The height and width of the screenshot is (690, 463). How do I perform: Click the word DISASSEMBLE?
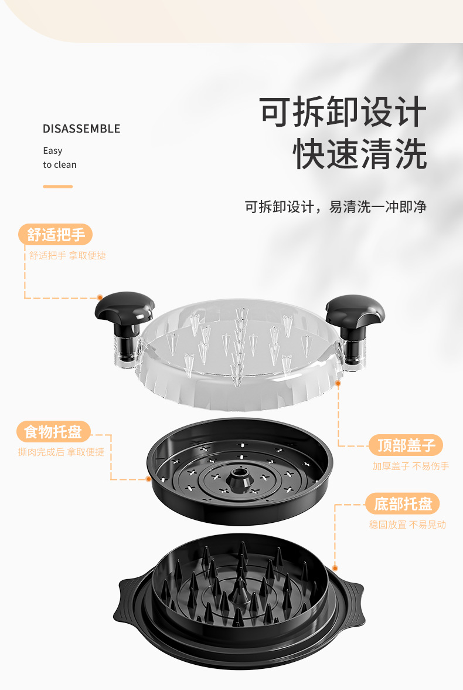click(x=81, y=128)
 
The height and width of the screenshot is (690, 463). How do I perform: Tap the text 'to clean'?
click(x=60, y=164)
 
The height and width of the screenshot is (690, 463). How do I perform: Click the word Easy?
click(x=53, y=150)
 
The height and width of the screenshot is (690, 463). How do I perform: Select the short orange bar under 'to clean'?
click(x=57, y=187)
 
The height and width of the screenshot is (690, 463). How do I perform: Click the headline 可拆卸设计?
click(x=343, y=111)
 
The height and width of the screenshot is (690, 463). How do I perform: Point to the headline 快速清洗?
click(x=360, y=154)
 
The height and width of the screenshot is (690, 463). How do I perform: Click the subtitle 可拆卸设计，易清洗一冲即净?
click(x=335, y=207)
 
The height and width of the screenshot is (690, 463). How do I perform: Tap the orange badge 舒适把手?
click(x=56, y=235)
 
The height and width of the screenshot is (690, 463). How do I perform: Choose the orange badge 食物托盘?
click(x=53, y=432)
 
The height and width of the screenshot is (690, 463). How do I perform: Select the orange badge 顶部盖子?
click(x=406, y=445)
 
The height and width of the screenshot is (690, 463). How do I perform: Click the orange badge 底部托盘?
click(x=403, y=503)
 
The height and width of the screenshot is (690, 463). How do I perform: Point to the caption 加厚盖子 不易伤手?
click(x=411, y=466)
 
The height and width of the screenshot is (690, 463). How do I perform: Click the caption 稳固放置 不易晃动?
click(x=407, y=525)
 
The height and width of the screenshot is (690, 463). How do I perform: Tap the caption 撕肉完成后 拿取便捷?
click(x=61, y=452)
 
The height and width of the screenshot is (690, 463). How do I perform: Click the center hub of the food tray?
click(x=239, y=478)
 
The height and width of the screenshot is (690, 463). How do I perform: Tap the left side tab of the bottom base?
click(x=128, y=603)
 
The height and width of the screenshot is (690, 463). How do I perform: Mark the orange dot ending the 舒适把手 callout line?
click(x=100, y=298)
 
